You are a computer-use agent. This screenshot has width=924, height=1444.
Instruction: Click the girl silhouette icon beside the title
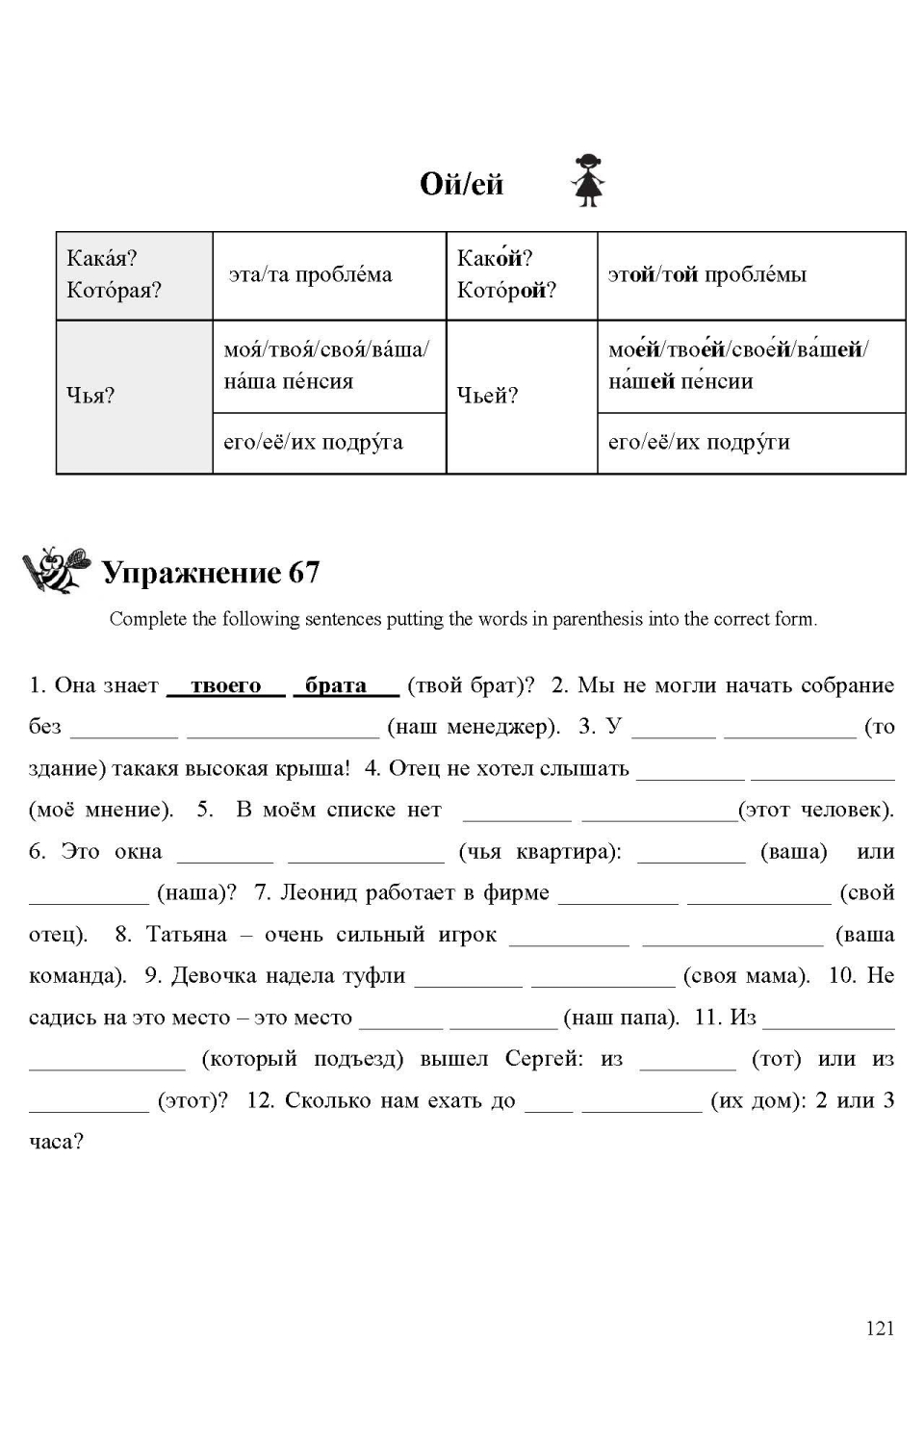[587, 180]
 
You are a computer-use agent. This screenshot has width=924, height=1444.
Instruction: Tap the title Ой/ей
[461, 183]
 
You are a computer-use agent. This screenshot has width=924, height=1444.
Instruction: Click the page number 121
[880, 1328]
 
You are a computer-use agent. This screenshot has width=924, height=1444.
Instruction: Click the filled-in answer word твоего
[226, 685]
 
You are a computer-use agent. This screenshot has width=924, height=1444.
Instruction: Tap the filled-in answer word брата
[336, 685]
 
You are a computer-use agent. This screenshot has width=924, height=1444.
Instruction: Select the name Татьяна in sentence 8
[187, 935]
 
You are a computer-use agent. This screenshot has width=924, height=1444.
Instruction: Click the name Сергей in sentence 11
[544, 1059]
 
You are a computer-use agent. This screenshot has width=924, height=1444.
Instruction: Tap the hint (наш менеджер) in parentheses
[474, 727]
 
